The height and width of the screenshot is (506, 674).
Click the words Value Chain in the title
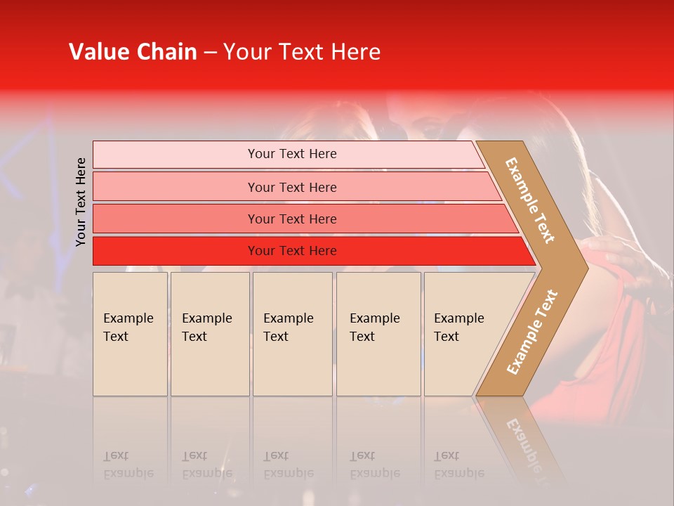(133, 52)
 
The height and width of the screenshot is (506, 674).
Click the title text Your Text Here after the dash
(302, 52)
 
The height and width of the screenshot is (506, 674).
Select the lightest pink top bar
(176, 155)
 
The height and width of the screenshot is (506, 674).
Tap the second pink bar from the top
(176, 187)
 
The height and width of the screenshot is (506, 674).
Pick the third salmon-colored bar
(176, 219)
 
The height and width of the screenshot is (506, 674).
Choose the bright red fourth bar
(176, 251)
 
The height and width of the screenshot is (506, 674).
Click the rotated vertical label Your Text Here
(81, 202)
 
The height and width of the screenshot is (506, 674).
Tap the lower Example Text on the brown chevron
(532, 332)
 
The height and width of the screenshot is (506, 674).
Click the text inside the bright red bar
(292, 251)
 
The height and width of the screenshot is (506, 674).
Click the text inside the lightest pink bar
(292, 154)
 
